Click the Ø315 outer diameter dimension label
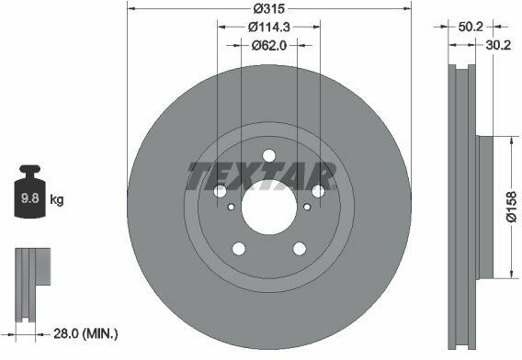(x=269, y=8)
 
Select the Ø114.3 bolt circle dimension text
(x=269, y=27)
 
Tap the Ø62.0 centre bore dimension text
(x=269, y=45)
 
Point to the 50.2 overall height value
(x=471, y=27)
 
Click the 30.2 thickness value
(x=498, y=45)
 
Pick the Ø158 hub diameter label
(x=511, y=207)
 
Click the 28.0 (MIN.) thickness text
(x=85, y=333)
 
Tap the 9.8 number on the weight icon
(x=30, y=198)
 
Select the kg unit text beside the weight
(x=57, y=199)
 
